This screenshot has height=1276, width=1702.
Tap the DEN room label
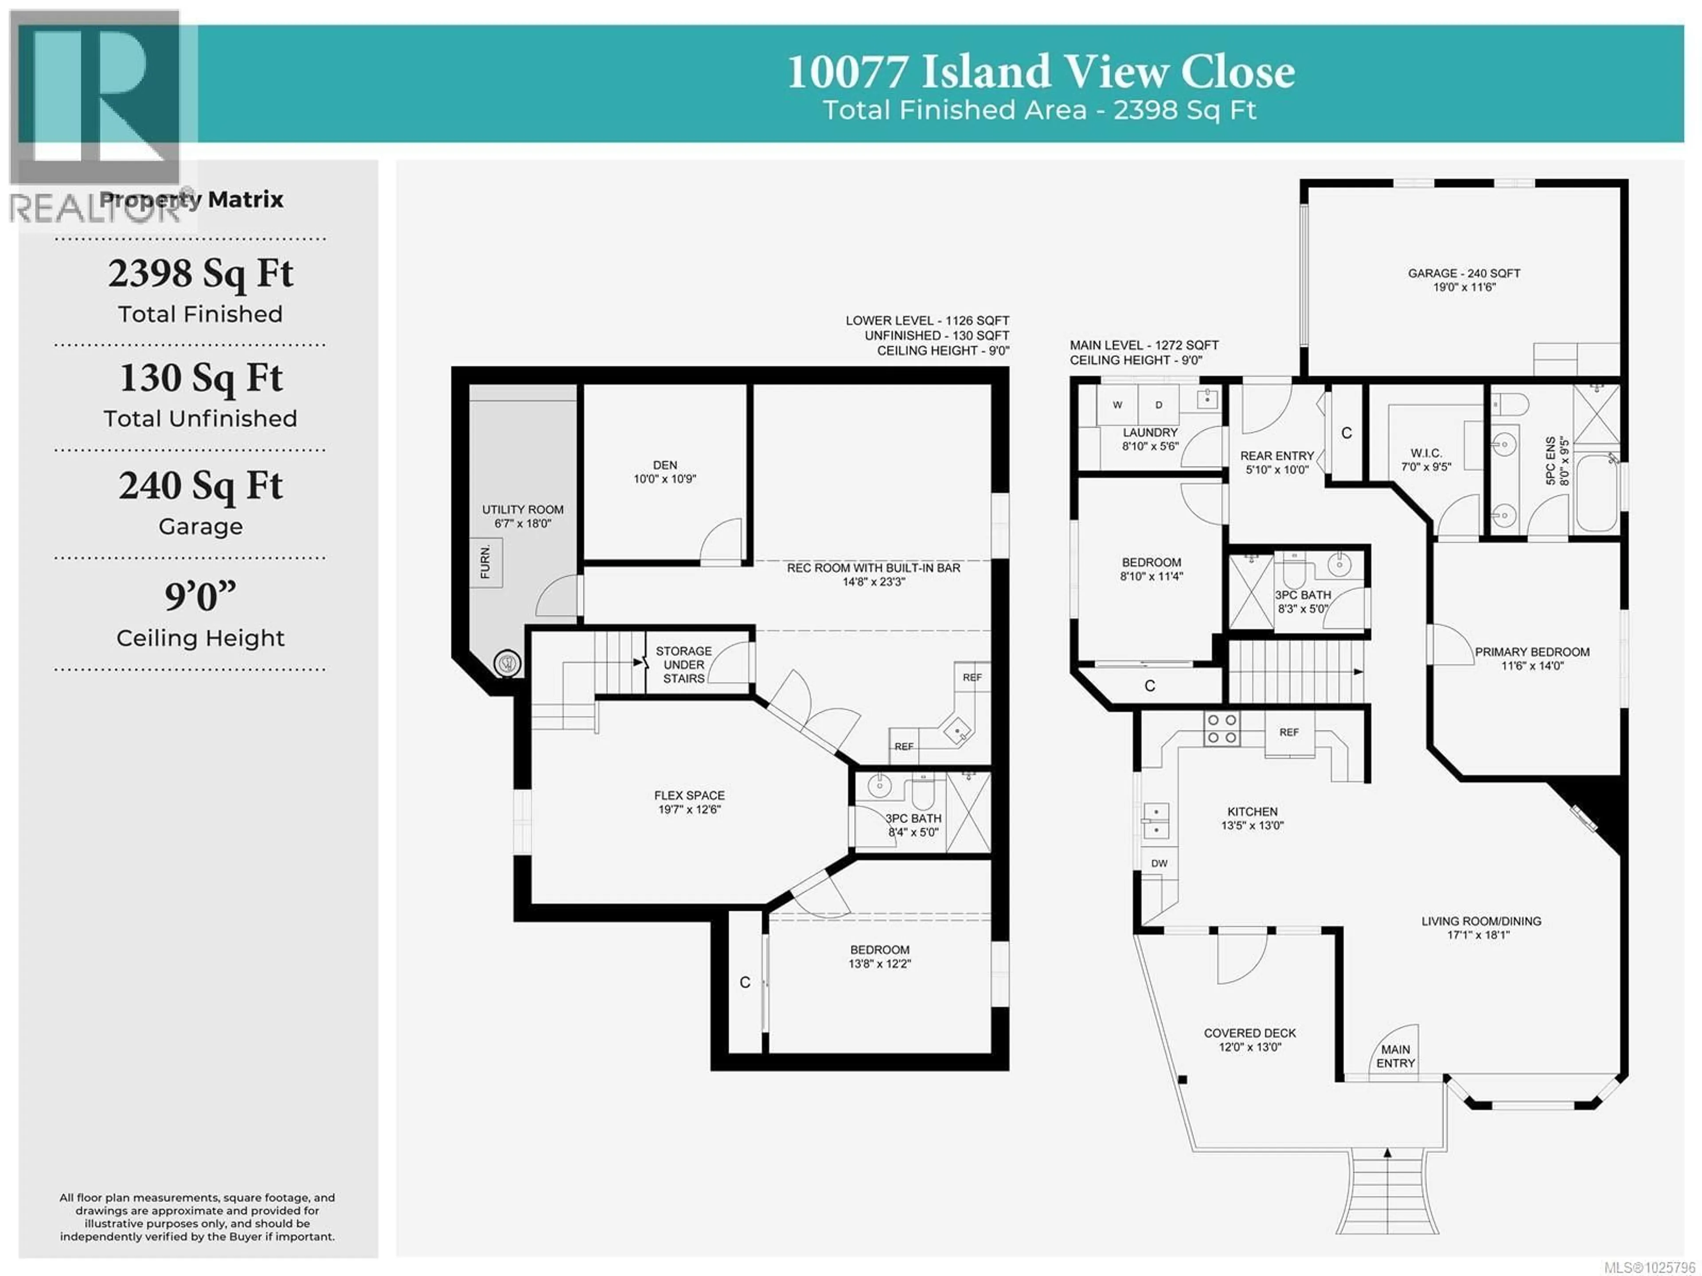[x=665, y=465]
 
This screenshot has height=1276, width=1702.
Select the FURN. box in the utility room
[x=485, y=563]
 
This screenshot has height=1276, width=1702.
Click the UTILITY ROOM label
[x=523, y=509]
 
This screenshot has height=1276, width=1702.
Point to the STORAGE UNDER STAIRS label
[x=683, y=664]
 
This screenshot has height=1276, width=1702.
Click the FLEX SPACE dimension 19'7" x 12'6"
[x=689, y=810]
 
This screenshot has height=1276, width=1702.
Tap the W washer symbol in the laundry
[x=1117, y=405]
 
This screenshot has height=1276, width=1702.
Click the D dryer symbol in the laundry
[x=1159, y=405]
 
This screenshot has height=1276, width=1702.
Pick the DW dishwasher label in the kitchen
[x=1159, y=864]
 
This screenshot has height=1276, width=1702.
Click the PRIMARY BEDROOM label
[x=1532, y=652]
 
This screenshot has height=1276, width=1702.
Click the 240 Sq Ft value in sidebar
[x=201, y=485]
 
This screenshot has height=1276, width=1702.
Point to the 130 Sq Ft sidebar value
[x=201, y=378]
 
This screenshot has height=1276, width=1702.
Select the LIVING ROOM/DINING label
[x=1481, y=921]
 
